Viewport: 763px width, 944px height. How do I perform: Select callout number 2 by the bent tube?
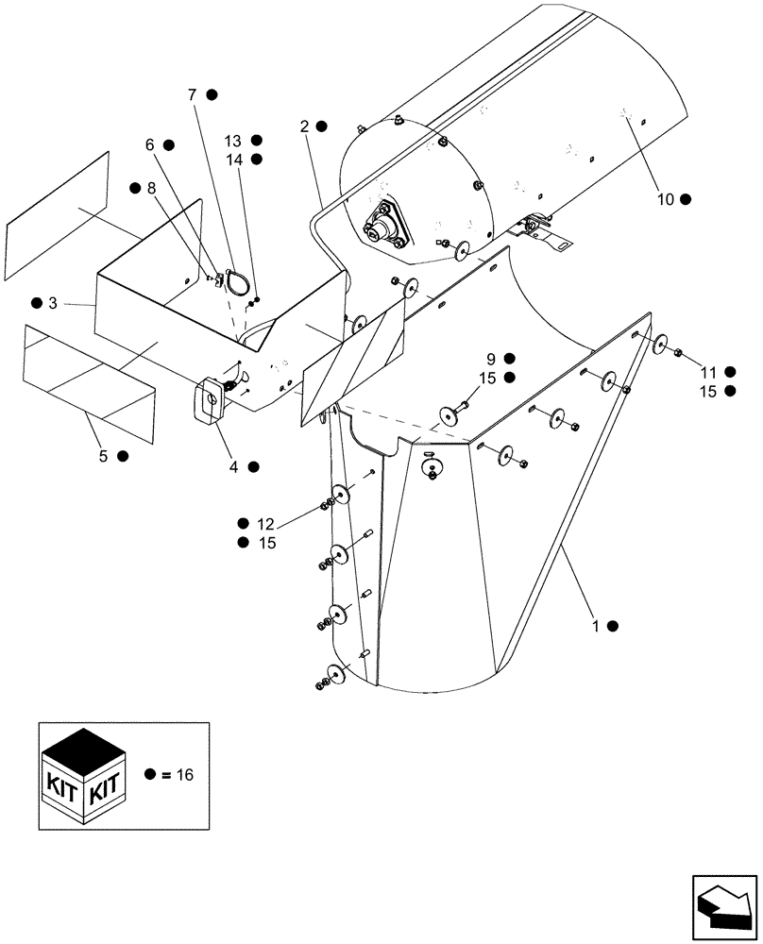tap(305, 126)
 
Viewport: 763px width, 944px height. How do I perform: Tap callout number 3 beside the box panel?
tap(52, 303)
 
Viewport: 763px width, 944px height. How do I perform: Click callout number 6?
tap(147, 144)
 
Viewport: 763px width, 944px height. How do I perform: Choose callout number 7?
tap(192, 94)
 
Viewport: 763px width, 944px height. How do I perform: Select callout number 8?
tap(151, 187)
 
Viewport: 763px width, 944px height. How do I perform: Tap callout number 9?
tap(491, 359)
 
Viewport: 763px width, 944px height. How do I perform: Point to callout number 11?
tap(706, 372)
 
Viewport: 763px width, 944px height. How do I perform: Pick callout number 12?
tap(265, 523)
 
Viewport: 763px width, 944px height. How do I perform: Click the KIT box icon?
tap(84, 776)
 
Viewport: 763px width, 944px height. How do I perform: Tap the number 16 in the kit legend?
tap(184, 775)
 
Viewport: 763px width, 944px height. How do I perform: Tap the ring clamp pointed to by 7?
tap(237, 280)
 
